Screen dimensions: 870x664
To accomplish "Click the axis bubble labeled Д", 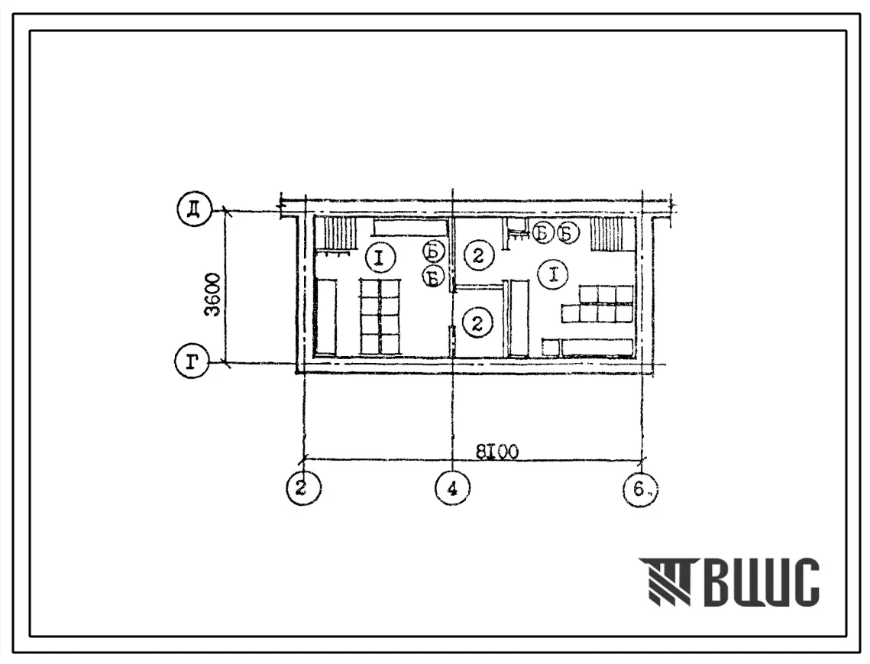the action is coord(194,209).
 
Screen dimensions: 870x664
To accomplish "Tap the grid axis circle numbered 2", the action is coord(303,487).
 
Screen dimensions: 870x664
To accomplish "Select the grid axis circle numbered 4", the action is coord(453,488).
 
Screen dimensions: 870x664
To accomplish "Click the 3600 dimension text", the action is coord(212,295).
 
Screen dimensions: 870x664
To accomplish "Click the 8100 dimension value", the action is coord(497,452).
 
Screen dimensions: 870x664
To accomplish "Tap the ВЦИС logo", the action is coord(729,581).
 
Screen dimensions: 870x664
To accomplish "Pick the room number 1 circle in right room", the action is coord(552,275).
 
